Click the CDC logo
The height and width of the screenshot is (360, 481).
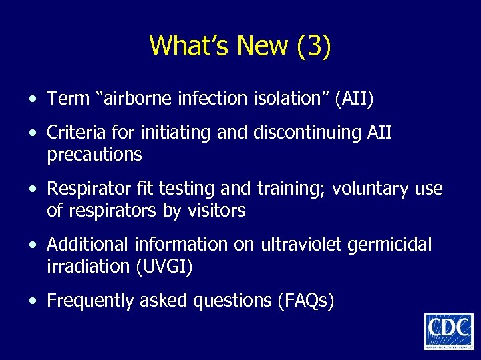(448, 331)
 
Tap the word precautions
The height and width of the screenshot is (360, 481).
(94, 155)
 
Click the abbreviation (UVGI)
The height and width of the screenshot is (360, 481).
(164, 267)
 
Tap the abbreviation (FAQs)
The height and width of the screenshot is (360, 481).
(305, 301)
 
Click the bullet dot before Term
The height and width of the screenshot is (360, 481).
(32, 100)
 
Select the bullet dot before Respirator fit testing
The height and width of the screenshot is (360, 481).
(32, 189)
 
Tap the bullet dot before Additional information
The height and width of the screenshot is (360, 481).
(32, 245)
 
